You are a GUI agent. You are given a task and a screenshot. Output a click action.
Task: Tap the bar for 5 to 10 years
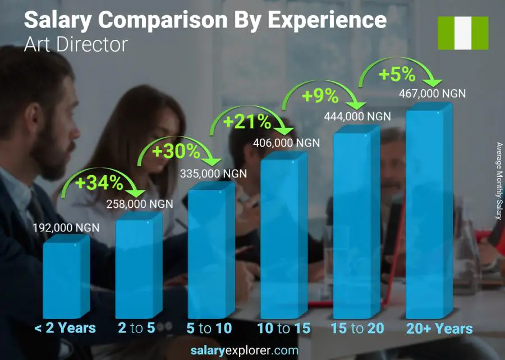pos(210,253)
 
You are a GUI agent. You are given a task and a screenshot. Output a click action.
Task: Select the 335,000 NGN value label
pos(213,174)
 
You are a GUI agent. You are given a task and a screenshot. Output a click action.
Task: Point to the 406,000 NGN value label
pos(286,143)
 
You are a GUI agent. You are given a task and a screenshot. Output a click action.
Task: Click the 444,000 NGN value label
pos(357,116)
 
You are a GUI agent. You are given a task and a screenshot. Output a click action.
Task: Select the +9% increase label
pos(320,96)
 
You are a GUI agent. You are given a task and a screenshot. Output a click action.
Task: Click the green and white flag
pos(462,33)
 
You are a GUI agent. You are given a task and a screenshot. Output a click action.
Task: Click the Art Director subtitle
pos(76,44)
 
